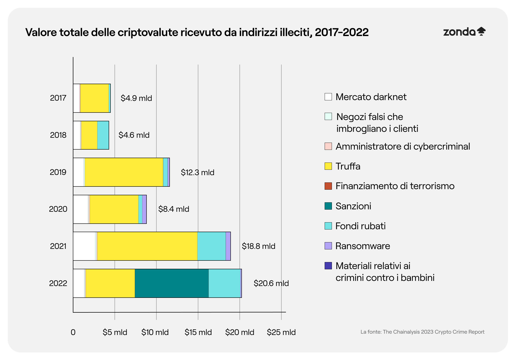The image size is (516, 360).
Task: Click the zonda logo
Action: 464,32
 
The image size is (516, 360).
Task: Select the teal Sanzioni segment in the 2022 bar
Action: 171,283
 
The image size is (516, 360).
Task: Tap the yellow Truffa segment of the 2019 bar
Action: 124,172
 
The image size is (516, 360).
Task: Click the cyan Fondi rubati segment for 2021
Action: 212,246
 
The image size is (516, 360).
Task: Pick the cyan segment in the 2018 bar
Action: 103,135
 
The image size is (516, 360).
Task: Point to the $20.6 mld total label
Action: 271,283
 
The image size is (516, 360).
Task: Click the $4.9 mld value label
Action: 136,98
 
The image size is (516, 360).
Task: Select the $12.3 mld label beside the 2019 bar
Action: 198,172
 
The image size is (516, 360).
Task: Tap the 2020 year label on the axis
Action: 58,209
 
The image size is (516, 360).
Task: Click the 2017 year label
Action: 58,98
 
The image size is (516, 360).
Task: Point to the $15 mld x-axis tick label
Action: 198,332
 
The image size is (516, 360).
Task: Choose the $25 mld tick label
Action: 281,332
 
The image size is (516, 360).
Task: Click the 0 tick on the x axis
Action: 73,332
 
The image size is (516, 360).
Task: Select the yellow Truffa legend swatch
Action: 328,166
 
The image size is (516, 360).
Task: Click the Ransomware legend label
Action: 363,246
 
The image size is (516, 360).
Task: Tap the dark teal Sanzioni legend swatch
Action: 328,206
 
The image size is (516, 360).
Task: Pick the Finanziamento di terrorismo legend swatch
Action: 328,186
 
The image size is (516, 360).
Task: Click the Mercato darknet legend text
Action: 371,97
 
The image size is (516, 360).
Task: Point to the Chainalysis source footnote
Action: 422,332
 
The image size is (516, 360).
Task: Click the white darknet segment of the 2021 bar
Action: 84,246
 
